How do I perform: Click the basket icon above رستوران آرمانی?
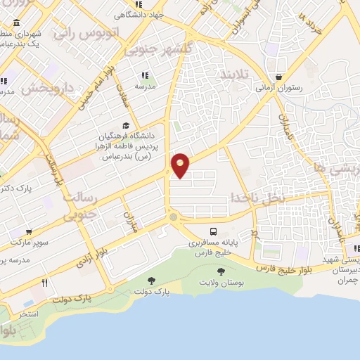280,77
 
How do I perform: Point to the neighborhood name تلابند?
235,75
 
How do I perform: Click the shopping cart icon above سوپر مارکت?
27,231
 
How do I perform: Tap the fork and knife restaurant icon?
44,283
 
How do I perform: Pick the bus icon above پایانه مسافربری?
213,231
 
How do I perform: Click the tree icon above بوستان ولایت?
221,271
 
